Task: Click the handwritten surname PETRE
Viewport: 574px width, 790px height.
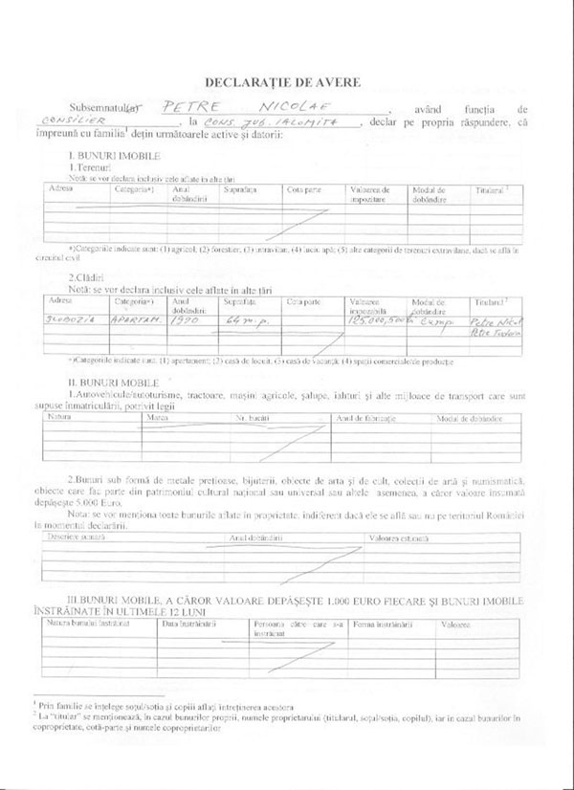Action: pos(188,109)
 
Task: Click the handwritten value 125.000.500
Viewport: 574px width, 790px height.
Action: pos(377,323)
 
